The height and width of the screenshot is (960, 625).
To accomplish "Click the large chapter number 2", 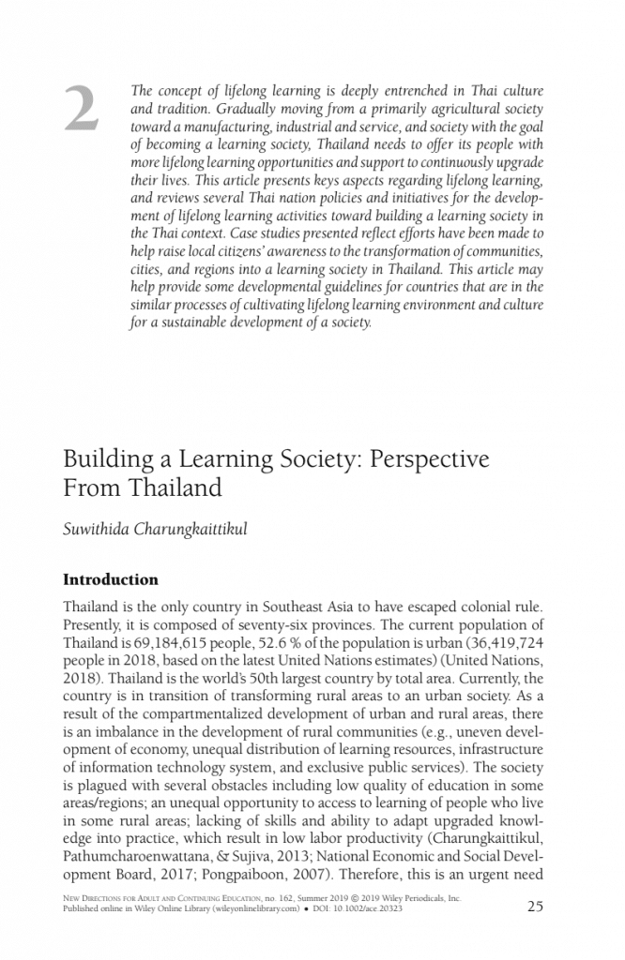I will [x=81, y=110].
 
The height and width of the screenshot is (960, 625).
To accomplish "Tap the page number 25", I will [x=536, y=905].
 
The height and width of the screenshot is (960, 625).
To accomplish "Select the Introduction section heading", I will [x=110, y=579].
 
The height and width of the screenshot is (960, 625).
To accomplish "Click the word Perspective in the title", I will [x=430, y=460].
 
